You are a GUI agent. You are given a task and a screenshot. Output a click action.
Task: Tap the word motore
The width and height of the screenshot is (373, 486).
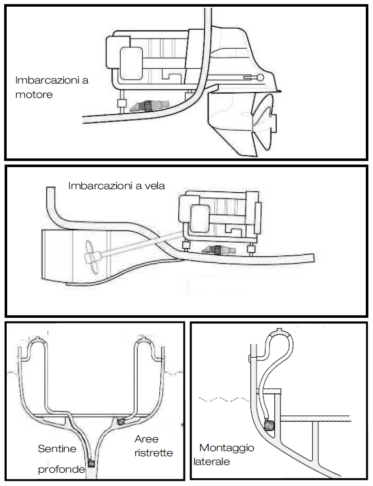tap(34, 94)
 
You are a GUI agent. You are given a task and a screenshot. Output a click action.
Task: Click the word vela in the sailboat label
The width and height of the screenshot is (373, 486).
tap(154, 186)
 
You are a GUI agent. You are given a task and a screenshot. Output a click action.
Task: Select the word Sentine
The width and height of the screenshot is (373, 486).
tap(57, 449)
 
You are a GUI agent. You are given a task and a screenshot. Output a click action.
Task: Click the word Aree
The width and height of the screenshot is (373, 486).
tap(146, 439)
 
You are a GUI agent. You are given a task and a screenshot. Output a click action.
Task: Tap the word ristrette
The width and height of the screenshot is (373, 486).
tap(154, 453)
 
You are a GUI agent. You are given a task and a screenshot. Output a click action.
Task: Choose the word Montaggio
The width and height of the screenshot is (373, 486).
tap(227, 448)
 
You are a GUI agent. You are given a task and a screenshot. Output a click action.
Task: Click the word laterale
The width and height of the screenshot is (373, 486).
tap(212, 461)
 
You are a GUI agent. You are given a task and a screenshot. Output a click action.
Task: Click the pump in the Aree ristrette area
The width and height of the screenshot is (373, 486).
tap(122, 421)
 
